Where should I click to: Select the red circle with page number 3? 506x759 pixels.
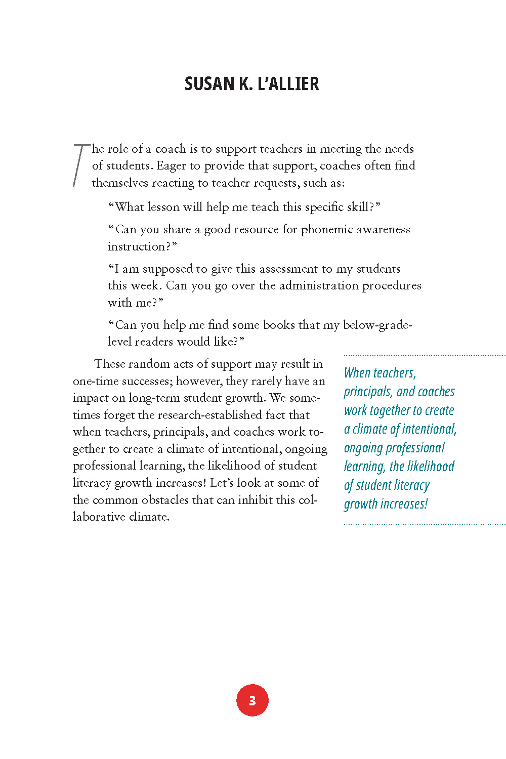coord(252,700)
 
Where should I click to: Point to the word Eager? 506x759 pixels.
coord(172,166)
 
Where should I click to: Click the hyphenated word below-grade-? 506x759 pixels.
coord(377,325)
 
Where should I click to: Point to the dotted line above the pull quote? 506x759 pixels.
coord(424,356)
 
